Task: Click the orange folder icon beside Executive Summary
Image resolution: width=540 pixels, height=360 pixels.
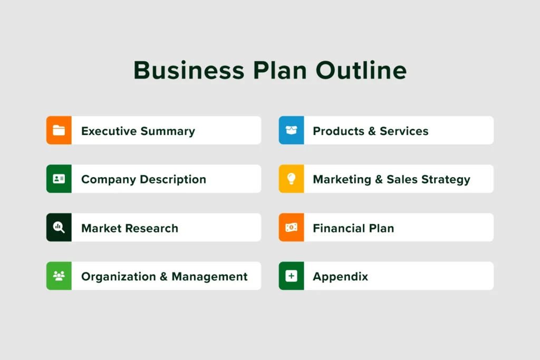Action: click(59, 130)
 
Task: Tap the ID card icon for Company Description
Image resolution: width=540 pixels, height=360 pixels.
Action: click(59, 179)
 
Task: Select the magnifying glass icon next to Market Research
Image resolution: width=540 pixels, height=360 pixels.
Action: click(59, 228)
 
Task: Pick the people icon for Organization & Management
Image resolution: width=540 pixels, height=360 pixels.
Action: click(59, 276)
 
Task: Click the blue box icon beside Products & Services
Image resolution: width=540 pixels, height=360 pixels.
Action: click(291, 130)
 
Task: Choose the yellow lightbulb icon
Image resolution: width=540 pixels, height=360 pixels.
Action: click(291, 179)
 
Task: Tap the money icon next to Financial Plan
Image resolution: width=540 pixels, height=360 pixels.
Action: click(291, 228)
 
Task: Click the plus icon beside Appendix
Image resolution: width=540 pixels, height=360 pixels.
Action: click(291, 276)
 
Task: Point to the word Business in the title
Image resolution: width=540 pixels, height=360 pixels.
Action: click(189, 70)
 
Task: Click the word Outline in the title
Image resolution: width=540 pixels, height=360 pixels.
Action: click(361, 70)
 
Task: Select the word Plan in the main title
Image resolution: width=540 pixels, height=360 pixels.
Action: click(280, 70)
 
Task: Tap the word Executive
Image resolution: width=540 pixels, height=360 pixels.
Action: click(109, 131)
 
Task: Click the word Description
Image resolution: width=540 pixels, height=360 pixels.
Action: click(173, 180)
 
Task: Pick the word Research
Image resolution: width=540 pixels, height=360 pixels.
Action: click(151, 228)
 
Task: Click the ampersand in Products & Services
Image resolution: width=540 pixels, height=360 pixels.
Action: click(372, 131)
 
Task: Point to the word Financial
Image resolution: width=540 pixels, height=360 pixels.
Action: click(339, 228)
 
